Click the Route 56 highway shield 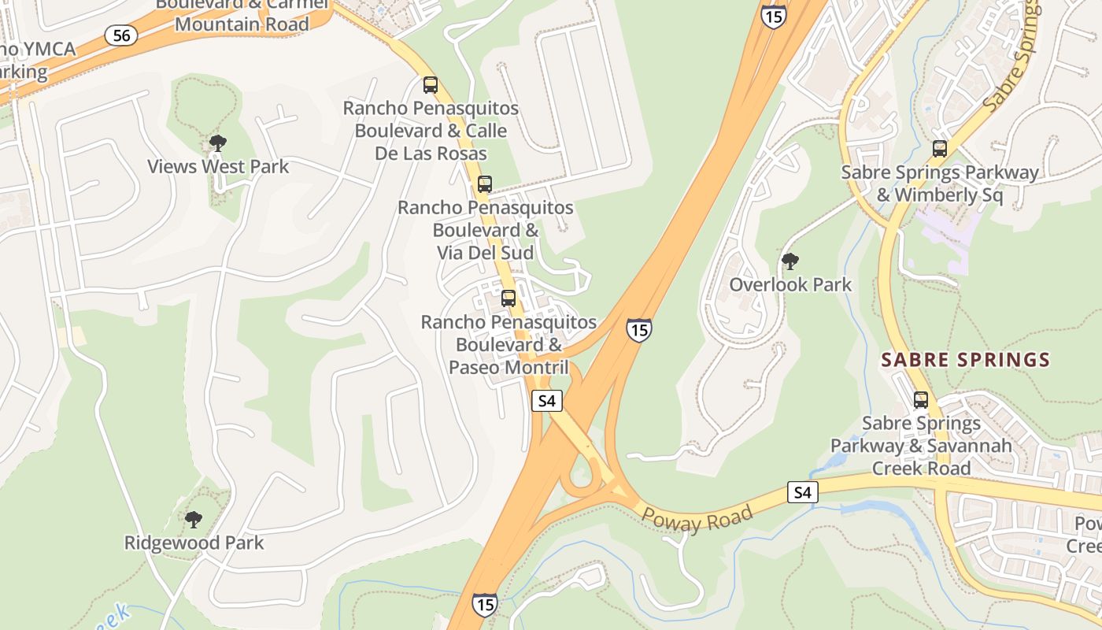121,35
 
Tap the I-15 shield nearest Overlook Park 639,329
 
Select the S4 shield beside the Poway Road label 802,493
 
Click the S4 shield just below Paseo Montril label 547,401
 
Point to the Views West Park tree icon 218,143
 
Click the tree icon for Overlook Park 790,261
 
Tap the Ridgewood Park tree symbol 194,519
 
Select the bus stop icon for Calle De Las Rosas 431,84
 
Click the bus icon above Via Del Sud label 485,184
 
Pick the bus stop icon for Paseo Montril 508,298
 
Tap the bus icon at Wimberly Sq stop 939,149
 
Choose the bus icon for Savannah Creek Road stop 921,399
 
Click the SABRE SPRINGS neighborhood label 965,361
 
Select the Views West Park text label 219,167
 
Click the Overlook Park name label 790,284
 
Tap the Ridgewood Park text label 194,543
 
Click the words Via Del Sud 486,253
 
